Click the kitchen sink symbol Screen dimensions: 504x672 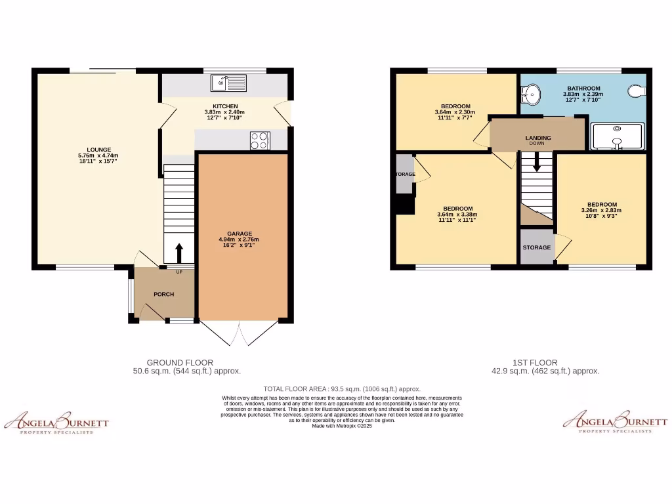tap(228, 83)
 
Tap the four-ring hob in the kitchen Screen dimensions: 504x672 tap(260, 140)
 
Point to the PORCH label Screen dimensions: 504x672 tap(163, 294)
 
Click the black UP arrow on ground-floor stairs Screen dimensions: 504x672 tap(178, 253)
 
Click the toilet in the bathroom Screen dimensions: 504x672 tap(637, 93)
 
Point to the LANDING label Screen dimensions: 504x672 tap(538, 138)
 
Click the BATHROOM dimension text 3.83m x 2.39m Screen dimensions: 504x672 tap(583, 94)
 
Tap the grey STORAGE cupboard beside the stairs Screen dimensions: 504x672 tap(537, 247)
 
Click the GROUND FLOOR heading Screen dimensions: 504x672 tap(180, 362)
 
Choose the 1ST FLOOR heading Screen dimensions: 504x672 tap(535, 362)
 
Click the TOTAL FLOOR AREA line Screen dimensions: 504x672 tap(342, 388)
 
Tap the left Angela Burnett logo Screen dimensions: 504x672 tap(56, 421)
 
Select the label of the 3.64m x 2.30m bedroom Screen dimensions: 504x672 tap(455, 106)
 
